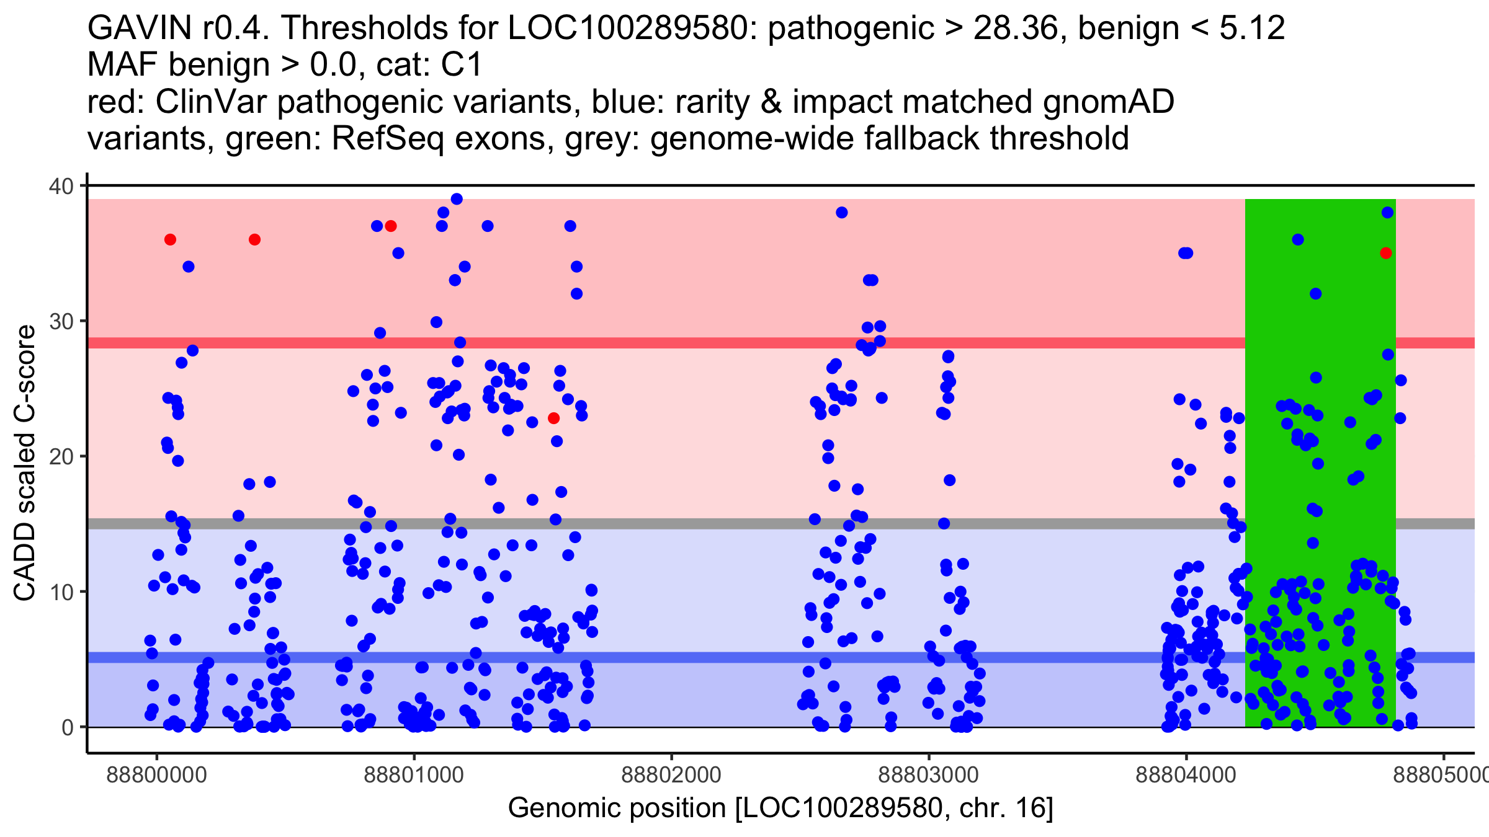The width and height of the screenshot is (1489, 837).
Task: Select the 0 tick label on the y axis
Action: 67,727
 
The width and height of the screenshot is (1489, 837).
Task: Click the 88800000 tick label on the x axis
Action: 156,775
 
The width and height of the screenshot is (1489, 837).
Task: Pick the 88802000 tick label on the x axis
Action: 671,775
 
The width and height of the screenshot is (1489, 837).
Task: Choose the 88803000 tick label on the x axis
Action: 929,775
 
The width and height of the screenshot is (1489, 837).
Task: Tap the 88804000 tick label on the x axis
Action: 1186,775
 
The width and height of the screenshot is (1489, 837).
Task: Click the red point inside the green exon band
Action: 1386,253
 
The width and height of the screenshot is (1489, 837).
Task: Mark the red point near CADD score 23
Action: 554,418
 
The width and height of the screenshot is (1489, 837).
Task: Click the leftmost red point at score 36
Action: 170,239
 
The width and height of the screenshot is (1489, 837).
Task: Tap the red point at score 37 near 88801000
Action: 391,226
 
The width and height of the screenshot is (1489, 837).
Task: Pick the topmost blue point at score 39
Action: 457,199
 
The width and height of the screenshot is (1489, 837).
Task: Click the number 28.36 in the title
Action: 1014,29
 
